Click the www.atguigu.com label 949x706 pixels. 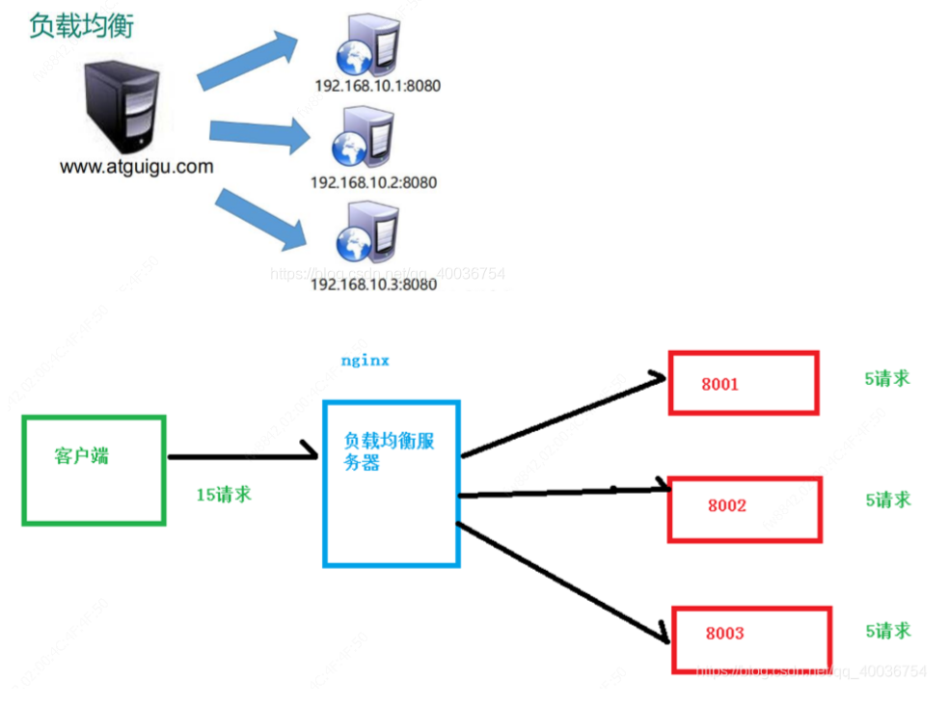tap(136, 167)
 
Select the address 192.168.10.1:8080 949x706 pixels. tap(377, 85)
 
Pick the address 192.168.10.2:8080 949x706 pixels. tap(373, 182)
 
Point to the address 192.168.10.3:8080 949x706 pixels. tap(373, 285)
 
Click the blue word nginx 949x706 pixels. tap(365, 360)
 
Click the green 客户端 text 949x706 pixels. tap(81, 456)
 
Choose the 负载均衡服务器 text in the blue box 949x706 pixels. tap(388, 450)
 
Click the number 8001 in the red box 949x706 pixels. tap(719, 384)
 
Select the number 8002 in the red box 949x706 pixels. tap(726, 505)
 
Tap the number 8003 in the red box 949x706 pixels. tap(724, 634)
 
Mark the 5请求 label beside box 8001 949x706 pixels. tap(886, 379)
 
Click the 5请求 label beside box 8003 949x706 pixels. tap(887, 631)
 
